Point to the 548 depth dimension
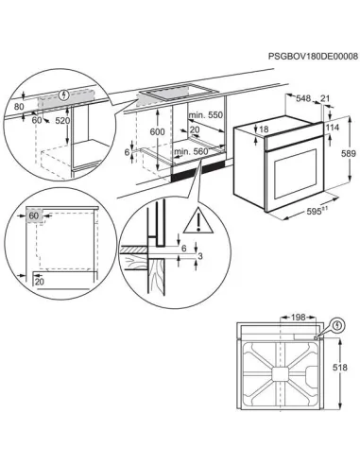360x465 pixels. tap(302, 97)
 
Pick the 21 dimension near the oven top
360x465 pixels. tap(326, 97)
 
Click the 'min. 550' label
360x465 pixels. tap(205, 115)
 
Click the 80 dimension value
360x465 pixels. tap(18, 107)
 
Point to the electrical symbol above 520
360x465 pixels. tap(64, 95)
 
